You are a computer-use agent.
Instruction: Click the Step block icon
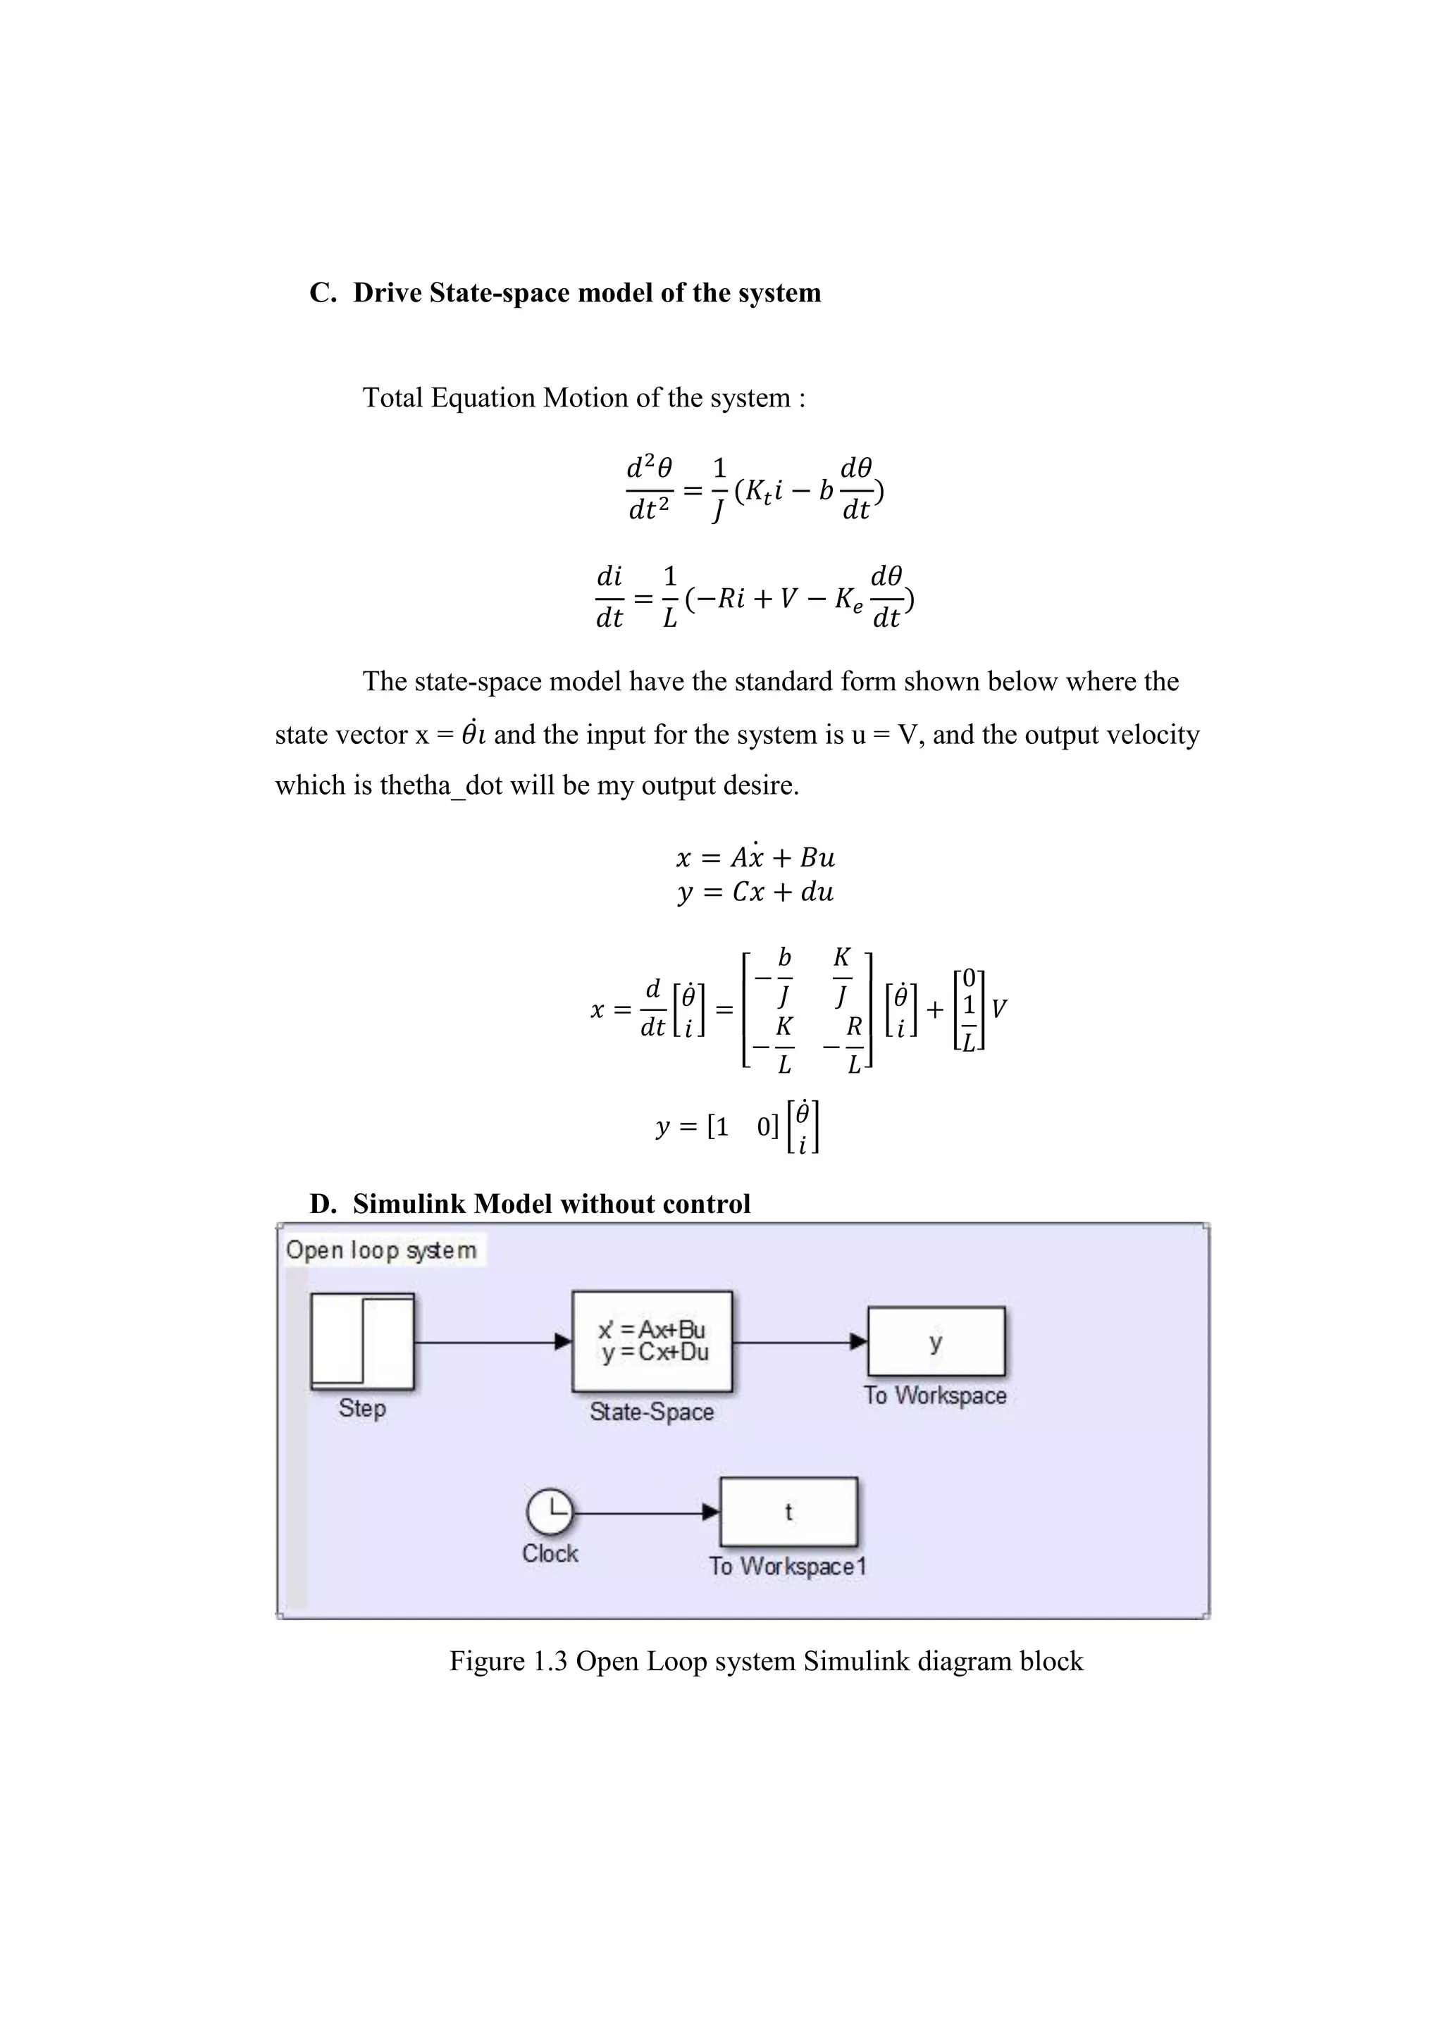[x=361, y=1342]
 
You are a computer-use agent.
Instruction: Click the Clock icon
[x=550, y=1512]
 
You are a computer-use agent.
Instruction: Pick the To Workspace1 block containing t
[x=788, y=1512]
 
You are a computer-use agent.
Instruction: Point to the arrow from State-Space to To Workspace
[x=800, y=1342]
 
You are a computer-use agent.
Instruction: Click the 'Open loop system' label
[x=381, y=1250]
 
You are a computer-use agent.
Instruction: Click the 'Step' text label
[x=361, y=1408]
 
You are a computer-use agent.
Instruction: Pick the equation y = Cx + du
[x=755, y=892]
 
